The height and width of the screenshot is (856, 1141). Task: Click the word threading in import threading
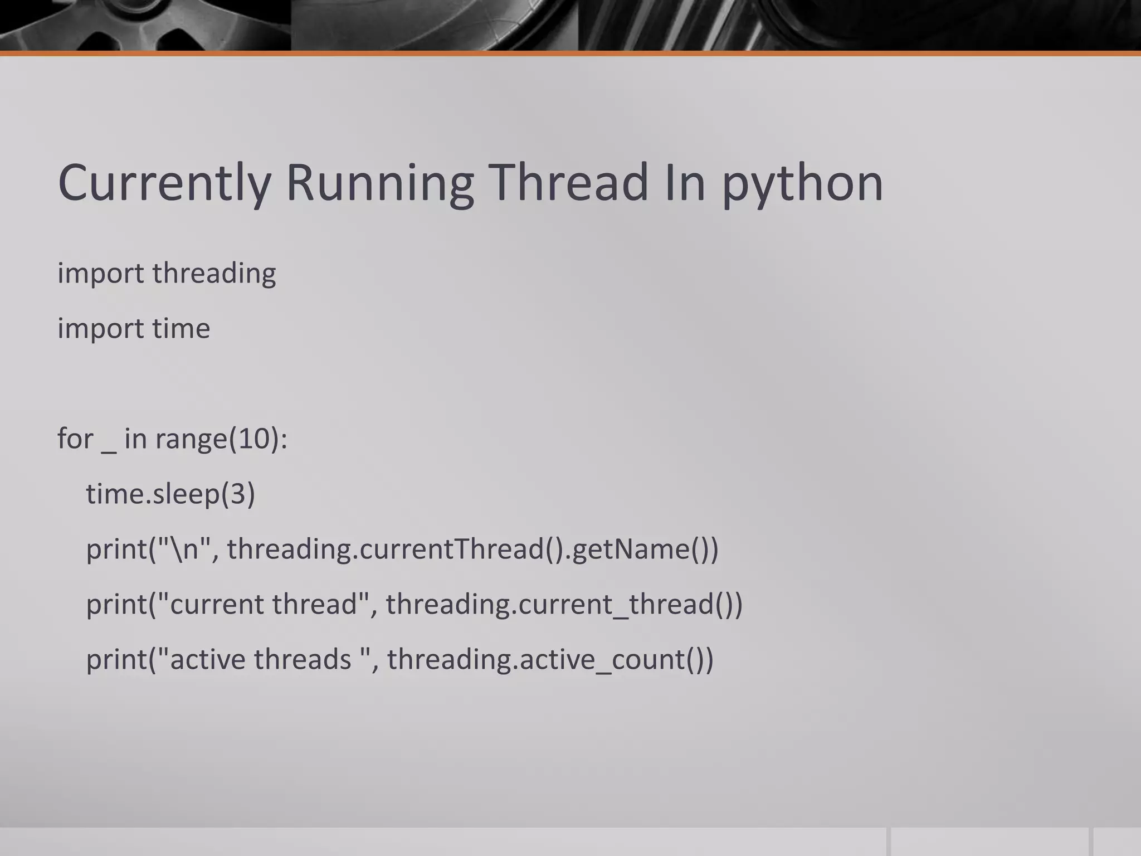click(214, 274)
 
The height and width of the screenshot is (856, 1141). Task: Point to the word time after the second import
click(181, 328)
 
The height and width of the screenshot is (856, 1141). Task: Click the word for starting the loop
click(75, 439)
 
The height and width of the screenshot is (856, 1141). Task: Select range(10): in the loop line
click(221, 439)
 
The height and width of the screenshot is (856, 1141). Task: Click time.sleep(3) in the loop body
click(170, 494)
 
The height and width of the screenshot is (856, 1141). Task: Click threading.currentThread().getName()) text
click(472, 549)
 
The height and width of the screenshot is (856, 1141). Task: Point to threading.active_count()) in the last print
click(550, 659)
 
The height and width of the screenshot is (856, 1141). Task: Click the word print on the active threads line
click(116, 660)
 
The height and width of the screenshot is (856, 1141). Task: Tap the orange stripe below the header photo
click(570, 53)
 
